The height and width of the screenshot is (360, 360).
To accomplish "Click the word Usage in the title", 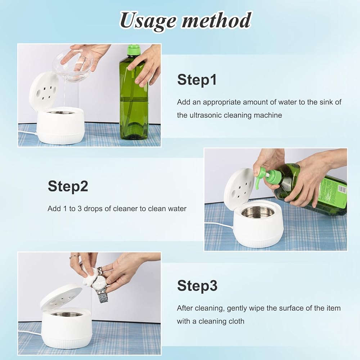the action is [x=148, y=21].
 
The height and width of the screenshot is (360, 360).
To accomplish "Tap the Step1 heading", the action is [x=197, y=80].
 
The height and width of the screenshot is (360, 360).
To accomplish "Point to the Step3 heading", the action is [x=197, y=285].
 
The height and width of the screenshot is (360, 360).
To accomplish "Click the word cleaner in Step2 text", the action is [x=125, y=208].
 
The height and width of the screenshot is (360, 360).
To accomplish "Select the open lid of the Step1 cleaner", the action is [x=44, y=91].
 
